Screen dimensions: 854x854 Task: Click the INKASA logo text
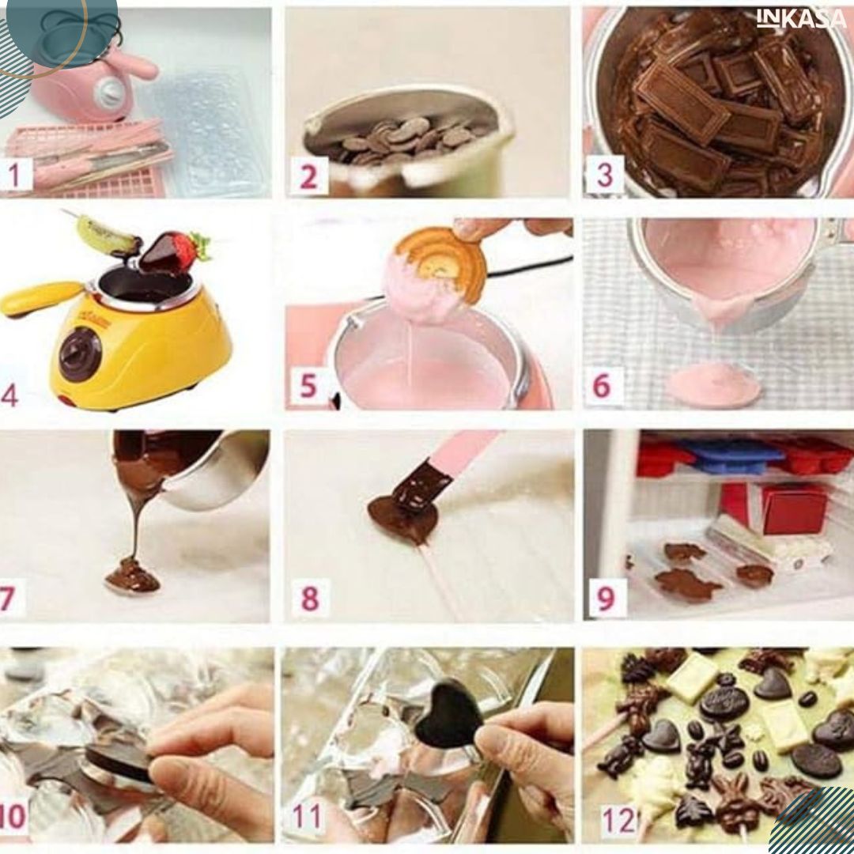click(x=802, y=18)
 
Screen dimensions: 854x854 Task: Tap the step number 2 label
click(x=308, y=176)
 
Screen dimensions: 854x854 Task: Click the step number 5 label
click(x=308, y=386)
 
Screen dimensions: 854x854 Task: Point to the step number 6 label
click(x=602, y=386)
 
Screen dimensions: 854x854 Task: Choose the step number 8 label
click(x=310, y=598)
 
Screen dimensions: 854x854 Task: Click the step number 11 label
click(x=307, y=816)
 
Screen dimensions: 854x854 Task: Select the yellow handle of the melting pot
click(x=41, y=299)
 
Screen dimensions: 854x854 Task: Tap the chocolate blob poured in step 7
click(x=133, y=576)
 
